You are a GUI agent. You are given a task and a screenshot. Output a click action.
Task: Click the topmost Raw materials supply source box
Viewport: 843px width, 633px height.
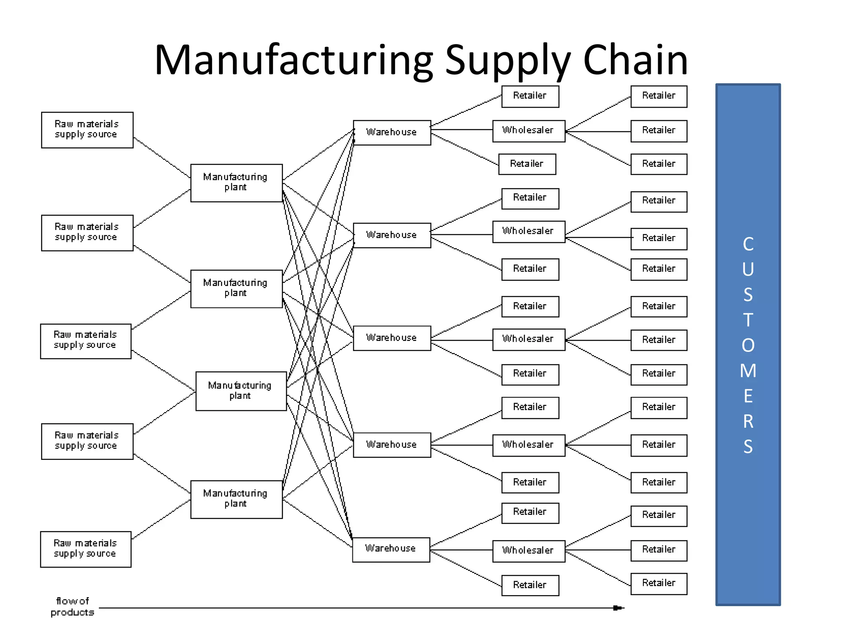(87, 130)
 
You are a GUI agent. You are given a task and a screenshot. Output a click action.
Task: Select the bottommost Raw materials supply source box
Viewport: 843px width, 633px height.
(86, 549)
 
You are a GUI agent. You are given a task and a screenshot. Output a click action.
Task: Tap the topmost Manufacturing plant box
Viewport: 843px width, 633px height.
(236, 183)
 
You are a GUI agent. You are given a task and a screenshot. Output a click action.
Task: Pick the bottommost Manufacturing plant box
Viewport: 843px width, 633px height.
(236, 499)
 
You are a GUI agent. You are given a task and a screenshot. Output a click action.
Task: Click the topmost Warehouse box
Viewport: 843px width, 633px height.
(392, 132)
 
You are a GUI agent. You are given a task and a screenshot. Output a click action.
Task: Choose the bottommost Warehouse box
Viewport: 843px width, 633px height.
(391, 549)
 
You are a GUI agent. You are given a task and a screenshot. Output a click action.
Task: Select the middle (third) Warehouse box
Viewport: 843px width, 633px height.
(392, 338)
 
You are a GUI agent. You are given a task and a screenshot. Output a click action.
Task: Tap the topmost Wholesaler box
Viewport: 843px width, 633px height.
(529, 131)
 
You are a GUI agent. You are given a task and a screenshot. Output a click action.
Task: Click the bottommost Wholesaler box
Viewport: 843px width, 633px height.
(529, 551)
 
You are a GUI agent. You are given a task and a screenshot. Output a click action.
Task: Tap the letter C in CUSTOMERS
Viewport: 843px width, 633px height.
(748, 244)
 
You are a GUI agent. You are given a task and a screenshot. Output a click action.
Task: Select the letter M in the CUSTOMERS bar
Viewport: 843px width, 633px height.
(748, 370)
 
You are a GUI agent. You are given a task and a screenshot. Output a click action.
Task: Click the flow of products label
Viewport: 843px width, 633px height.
(72, 606)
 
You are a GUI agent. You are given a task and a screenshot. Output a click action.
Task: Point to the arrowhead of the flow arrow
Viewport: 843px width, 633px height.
(618, 608)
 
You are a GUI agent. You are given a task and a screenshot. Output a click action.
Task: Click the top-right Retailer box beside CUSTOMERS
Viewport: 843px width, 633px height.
(659, 96)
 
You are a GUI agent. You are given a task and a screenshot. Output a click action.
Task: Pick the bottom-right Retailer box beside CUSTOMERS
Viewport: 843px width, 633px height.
(659, 583)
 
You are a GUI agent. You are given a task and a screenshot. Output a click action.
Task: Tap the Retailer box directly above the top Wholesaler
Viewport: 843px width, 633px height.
(530, 96)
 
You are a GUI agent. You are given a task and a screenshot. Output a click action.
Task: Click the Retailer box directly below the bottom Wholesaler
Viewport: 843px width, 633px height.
(530, 585)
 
